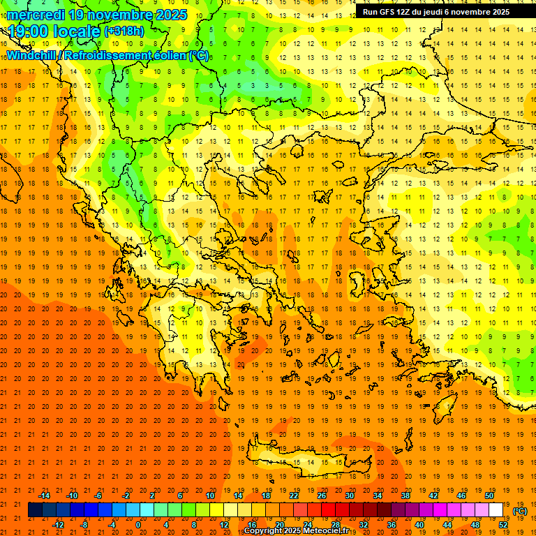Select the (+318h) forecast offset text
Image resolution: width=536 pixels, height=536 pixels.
tap(125, 31)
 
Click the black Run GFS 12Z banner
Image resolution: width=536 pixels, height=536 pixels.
tap(436, 12)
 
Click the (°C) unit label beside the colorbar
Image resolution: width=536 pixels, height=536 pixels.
tap(520, 511)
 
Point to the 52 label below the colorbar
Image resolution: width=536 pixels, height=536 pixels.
tap(503, 525)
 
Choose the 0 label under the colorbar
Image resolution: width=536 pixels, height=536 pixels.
tap(137, 525)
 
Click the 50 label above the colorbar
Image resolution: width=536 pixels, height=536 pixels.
tap(489, 496)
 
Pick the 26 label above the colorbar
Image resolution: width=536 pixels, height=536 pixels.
tap(322, 496)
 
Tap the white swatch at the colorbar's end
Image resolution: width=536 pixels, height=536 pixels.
tap(496, 510)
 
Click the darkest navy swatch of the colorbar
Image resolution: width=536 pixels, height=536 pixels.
tap(35, 510)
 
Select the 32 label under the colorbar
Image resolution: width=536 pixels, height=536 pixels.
tap(364, 525)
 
